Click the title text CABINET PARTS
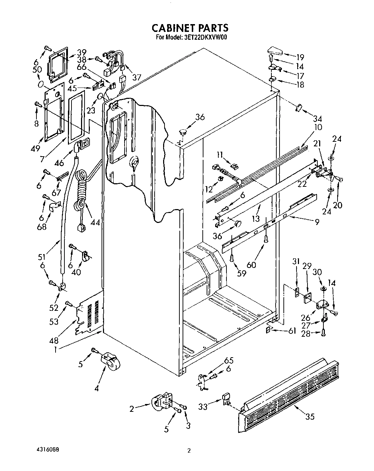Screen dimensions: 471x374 [x=190, y=28]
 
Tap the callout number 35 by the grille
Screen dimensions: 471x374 [x=310, y=417]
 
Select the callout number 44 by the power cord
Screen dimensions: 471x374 [x=95, y=223]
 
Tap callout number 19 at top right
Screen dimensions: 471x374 [x=300, y=57]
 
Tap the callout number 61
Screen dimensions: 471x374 [x=292, y=331]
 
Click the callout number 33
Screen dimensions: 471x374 [x=203, y=408]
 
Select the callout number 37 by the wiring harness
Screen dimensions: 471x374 [x=136, y=77]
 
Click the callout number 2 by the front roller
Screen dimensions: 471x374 [x=132, y=409]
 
